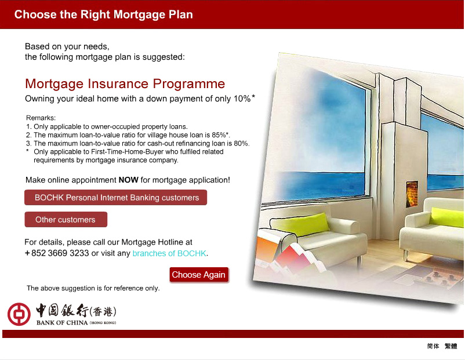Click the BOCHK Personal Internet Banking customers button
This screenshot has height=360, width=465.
click(x=115, y=198)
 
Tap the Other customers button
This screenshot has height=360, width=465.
click(x=66, y=220)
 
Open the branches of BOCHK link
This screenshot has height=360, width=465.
click(x=169, y=253)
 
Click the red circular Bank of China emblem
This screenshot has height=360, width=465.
click(x=19, y=314)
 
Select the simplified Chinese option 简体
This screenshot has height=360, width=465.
click(x=433, y=346)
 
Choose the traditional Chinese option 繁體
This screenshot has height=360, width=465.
click(x=451, y=346)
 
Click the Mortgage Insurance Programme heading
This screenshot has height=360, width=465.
click(x=125, y=84)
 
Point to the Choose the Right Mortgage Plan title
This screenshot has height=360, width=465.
click(x=104, y=14)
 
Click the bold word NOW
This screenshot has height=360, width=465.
click(x=128, y=180)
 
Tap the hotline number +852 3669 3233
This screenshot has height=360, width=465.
click(x=57, y=253)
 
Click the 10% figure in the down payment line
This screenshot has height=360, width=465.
click(x=242, y=99)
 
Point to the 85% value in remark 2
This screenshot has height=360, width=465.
click(x=219, y=135)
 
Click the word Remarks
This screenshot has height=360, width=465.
click(x=41, y=118)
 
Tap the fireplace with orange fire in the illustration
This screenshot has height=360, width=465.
click(x=412, y=194)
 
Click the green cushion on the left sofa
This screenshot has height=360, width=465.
click(x=300, y=224)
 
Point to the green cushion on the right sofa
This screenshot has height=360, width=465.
click(x=446, y=217)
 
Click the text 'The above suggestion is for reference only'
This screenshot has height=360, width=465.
click(x=93, y=288)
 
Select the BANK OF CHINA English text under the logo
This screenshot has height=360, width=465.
click(x=62, y=323)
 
